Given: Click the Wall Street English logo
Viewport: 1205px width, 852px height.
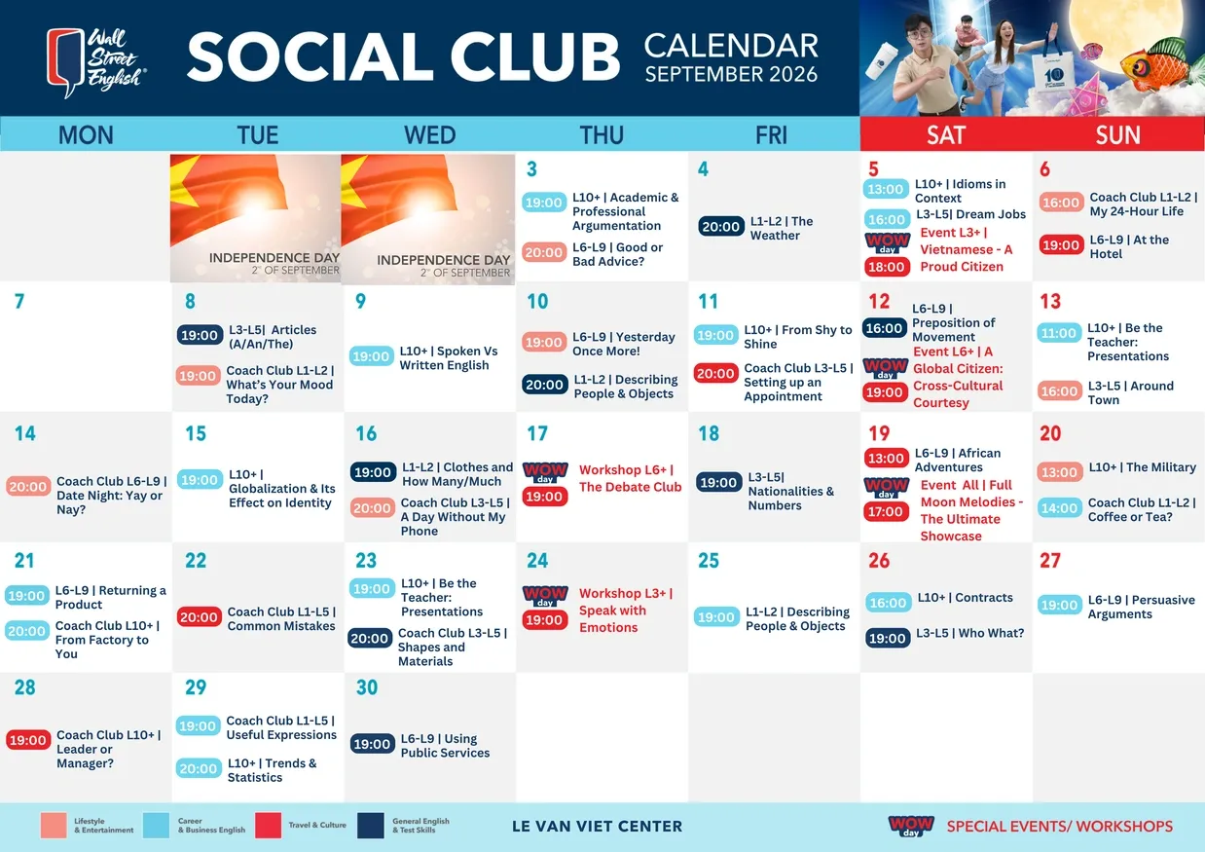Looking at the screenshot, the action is tap(95, 62).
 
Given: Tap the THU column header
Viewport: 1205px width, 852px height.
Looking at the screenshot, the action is tap(602, 134).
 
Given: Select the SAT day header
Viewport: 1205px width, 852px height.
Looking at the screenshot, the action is tap(946, 134).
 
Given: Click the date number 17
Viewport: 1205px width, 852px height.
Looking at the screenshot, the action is tap(537, 433).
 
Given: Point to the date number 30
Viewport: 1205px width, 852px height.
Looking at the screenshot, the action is tap(367, 687).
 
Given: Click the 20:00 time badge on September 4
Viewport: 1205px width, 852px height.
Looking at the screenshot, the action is tap(720, 227).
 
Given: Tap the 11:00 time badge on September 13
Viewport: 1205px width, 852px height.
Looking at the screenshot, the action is tap(1058, 333).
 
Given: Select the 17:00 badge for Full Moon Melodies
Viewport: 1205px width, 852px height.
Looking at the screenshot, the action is tap(886, 511).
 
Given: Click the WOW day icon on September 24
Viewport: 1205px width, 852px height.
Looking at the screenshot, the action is tap(545, 596).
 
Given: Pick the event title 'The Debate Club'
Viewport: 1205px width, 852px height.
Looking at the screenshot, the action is tap(630, 487).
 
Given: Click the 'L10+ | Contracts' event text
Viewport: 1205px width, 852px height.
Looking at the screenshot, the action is tap(966, 598).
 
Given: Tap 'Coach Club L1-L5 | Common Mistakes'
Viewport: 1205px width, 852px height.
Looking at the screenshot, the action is tap(281, 619).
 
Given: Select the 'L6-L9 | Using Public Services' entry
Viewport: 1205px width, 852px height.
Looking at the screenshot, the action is tap(445, 746).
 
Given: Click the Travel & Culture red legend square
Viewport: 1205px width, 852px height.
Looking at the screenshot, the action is tap(268, 825).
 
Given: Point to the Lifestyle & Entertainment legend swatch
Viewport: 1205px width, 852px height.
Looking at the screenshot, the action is tap(54, 825).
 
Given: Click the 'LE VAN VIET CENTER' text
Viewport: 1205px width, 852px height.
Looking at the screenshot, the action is tap(597, 826).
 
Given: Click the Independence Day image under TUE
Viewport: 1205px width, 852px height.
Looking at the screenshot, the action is tap(255, 218).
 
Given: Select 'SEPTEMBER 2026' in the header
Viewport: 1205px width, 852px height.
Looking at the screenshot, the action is tap(731, 74).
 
